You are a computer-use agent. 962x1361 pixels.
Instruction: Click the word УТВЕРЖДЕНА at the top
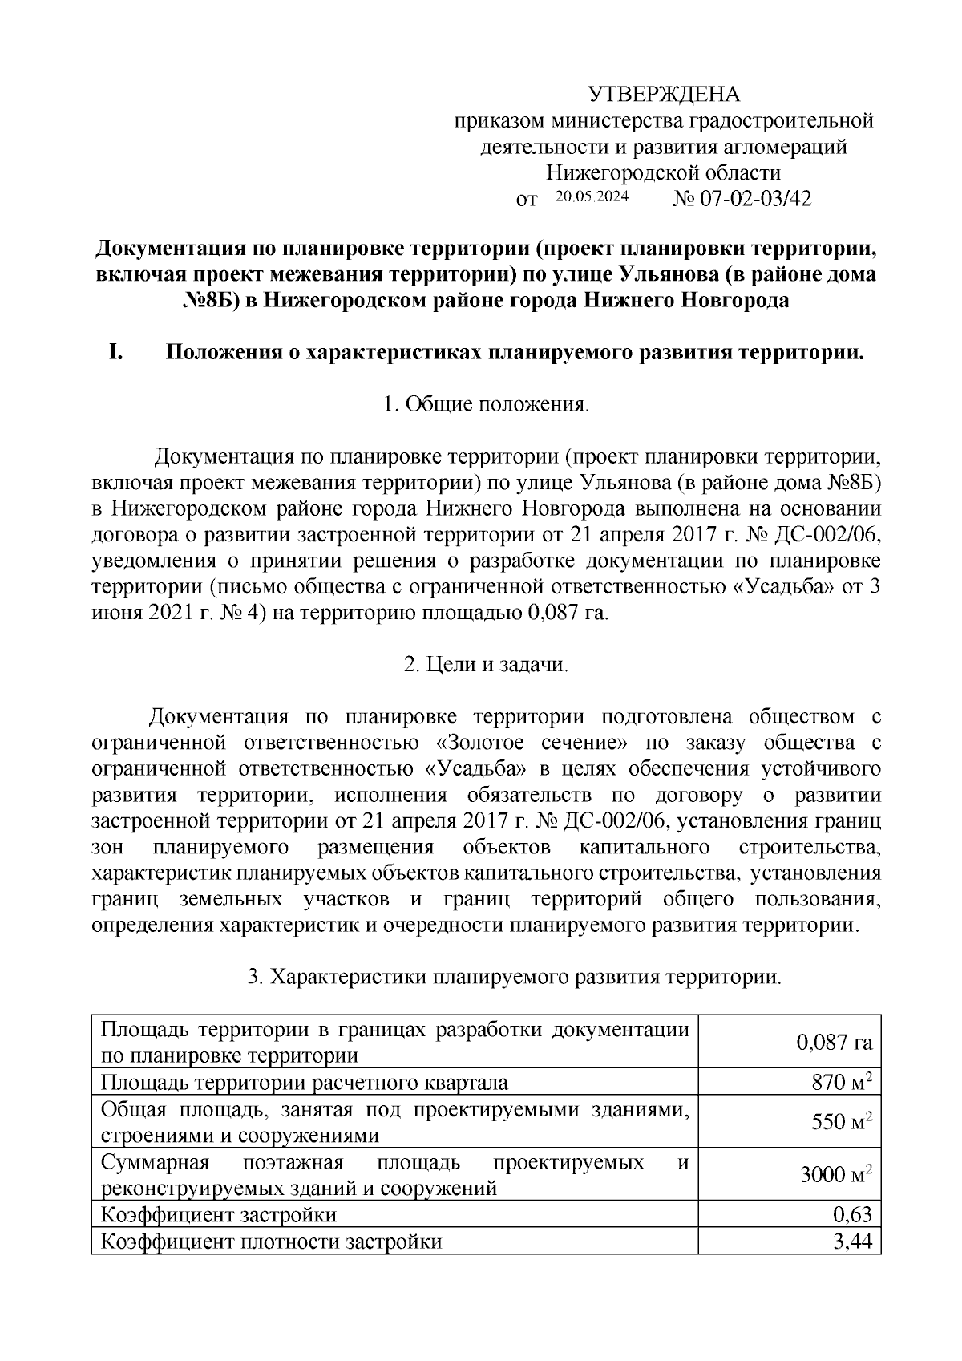[664, 95]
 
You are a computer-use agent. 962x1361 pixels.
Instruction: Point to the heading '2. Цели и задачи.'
[486, 665]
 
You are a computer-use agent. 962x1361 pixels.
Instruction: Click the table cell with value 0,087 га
[833, 1043]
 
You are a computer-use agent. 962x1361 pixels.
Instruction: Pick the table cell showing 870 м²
[841, 1083]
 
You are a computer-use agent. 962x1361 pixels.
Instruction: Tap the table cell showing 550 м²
[841, 1121]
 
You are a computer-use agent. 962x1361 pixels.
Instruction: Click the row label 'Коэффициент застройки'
[218, 1214]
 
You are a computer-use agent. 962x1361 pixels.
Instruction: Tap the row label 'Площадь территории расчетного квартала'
[304, 1083]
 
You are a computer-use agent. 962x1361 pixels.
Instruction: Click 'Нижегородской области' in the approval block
[663, 172]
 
